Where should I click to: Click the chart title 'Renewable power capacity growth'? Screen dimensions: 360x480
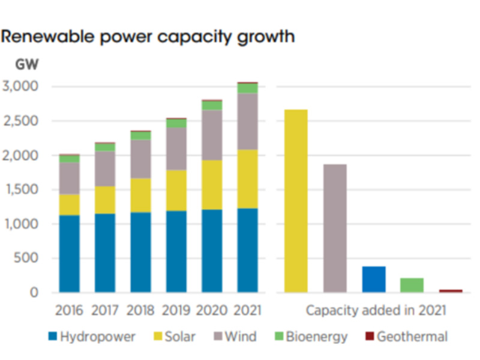(148, 37)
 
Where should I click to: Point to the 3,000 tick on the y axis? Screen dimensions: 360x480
(21, 86)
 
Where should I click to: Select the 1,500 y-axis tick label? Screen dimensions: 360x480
(21, 190)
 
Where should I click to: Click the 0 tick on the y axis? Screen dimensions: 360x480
(34, 293)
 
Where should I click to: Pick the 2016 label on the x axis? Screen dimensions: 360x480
(70, 311)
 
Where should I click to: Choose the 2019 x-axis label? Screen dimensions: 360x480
(176, 311)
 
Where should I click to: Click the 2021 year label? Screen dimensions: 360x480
(247, 311)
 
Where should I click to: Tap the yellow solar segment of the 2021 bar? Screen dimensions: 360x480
(247, 179)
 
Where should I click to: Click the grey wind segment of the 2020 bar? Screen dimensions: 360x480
(211, 135)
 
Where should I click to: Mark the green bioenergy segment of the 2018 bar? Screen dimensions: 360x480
(140, 136)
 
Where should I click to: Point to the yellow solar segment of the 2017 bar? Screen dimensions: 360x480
(105, 200)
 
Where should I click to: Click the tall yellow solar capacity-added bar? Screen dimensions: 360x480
(296, 201)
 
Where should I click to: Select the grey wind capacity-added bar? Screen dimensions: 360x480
(335, 228)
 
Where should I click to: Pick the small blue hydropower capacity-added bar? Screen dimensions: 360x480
(374, 280)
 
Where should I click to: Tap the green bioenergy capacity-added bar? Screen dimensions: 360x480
(412, 285)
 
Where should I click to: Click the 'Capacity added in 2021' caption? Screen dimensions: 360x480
(375, 311)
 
